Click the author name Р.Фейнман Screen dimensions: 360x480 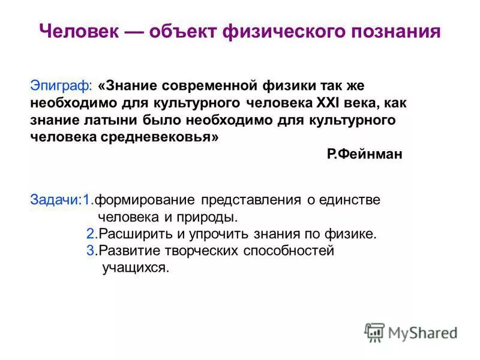(365, 154)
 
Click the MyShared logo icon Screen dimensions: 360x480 (375, 332)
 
